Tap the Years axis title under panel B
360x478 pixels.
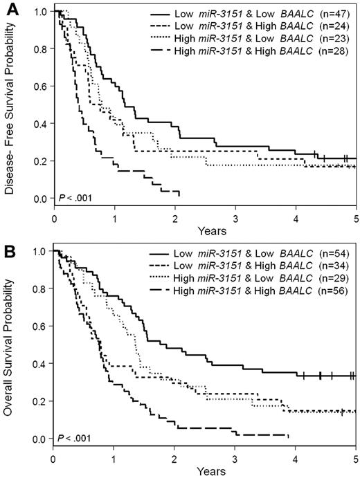[x=205, y=470]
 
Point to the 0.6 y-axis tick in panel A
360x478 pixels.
[x=42, y=86]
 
